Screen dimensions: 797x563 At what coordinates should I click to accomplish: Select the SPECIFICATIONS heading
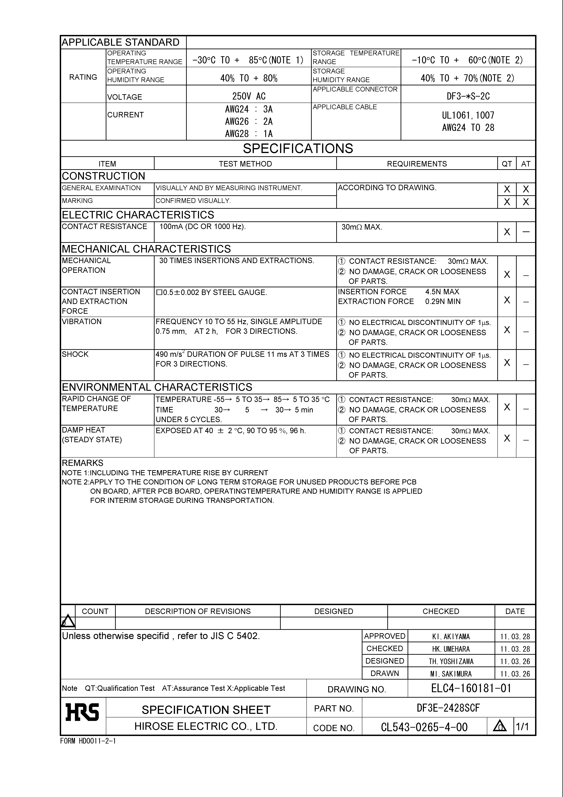point(298,149)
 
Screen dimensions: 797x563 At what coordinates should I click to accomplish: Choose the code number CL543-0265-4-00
point(424,727)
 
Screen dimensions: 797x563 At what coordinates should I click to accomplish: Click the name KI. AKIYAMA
point(451,637)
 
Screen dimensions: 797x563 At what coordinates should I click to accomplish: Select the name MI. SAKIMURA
point(451,674)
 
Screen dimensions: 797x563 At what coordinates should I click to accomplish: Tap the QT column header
point(507,164)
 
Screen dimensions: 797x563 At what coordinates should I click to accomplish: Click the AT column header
point(526,164)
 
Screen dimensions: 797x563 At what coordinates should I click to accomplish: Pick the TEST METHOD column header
point(245,164)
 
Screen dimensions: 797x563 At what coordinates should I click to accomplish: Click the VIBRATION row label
point(82,321)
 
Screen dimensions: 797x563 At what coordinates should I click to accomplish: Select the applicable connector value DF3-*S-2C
point(468,96)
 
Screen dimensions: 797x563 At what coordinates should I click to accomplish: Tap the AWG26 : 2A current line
point(249,122)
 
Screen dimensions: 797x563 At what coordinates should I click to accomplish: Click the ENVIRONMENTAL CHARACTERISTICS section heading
point(157,387)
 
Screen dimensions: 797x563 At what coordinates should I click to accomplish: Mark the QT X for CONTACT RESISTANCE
point(507,232)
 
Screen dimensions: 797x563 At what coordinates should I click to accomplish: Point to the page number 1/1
point(522,726)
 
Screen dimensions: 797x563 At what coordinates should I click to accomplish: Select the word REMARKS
point(83,463)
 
